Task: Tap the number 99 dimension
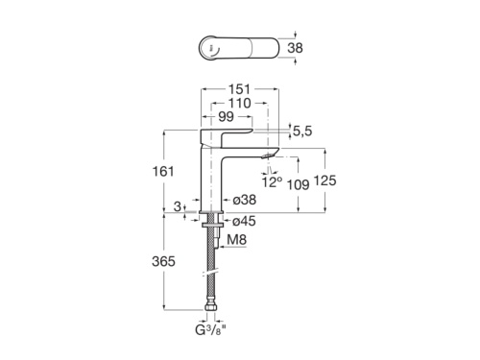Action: coord(228,115)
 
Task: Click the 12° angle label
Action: coord(273,180)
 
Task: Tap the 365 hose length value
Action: coord(164,261)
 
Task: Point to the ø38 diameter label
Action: coord(244,201)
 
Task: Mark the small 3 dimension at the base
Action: coord(179,205)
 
